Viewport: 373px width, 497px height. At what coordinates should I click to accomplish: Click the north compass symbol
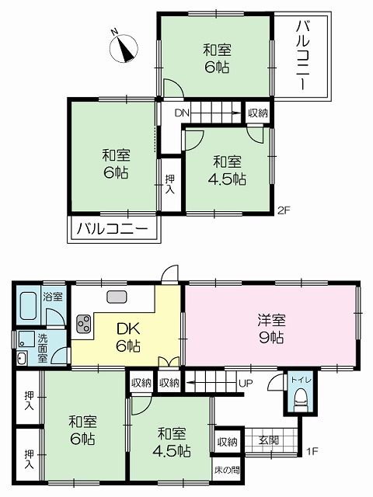124,47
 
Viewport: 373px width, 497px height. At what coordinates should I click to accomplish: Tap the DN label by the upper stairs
182,113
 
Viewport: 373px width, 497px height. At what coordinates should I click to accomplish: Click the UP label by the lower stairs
246,384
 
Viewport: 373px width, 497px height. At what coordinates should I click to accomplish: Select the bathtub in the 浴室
28,306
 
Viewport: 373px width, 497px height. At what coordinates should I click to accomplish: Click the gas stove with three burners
84,323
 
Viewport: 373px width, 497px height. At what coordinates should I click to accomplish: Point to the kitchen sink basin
117,297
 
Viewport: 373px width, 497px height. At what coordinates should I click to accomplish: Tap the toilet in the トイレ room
301,401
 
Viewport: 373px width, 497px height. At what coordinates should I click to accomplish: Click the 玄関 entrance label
268,440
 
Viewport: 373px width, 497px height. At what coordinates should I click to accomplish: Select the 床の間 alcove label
227,470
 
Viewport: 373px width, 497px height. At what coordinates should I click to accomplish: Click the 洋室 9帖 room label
271,328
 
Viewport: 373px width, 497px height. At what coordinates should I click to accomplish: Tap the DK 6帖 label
128,338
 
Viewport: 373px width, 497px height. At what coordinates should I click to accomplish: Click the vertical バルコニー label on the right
302,55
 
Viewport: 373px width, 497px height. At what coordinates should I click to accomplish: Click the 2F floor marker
284,210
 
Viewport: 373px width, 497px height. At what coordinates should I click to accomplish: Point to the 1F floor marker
312,451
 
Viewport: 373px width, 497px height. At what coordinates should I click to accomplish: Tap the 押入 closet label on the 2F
170,185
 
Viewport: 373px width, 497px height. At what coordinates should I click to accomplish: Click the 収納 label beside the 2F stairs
258,113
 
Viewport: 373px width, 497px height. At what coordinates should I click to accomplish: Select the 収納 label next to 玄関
227,442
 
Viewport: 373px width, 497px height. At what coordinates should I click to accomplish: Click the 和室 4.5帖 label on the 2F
227,170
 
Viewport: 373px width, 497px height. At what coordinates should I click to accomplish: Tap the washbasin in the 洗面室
21,359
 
